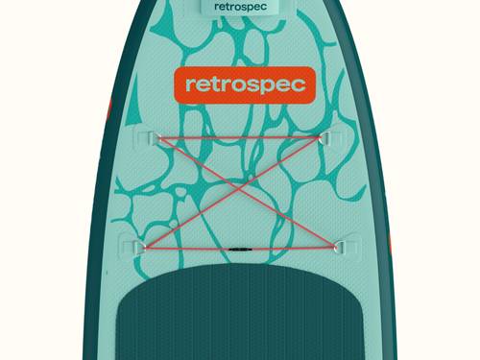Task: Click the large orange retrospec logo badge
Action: (241, 84)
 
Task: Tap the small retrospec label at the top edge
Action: (240, 7)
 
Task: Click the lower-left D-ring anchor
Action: (137, 247)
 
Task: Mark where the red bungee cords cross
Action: (240, 190)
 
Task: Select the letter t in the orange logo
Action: (211, 84)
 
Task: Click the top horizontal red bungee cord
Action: (240, 139)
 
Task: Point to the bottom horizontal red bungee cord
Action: (192, 248)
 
